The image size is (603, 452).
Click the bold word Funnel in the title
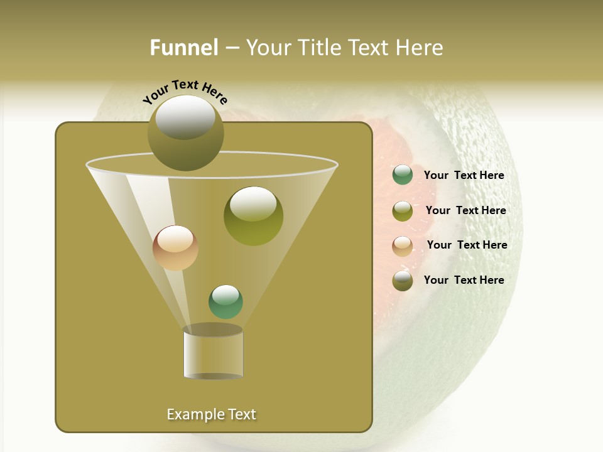tap(183, 48)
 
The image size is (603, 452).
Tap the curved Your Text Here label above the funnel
tap(185, 92)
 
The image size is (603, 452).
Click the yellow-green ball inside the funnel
tap(253, 217)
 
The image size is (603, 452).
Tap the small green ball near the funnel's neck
tap(225, 302)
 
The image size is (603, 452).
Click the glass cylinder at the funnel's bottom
tap(213, 355)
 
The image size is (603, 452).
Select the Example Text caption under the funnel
tap(211, 414)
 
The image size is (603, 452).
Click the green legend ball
tap(403, 175)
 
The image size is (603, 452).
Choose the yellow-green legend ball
tap(403, 211)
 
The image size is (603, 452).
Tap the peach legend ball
tap(403, 245)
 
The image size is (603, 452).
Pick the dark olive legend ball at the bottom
tap(403, 281)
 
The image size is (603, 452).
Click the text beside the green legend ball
tap(464, 176)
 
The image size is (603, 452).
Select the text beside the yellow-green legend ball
tap(465, 211)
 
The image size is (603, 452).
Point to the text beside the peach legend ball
tap(467, 245)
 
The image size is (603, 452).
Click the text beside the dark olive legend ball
tap(464, 281)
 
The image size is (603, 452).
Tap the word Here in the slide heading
tap(421, 48)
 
